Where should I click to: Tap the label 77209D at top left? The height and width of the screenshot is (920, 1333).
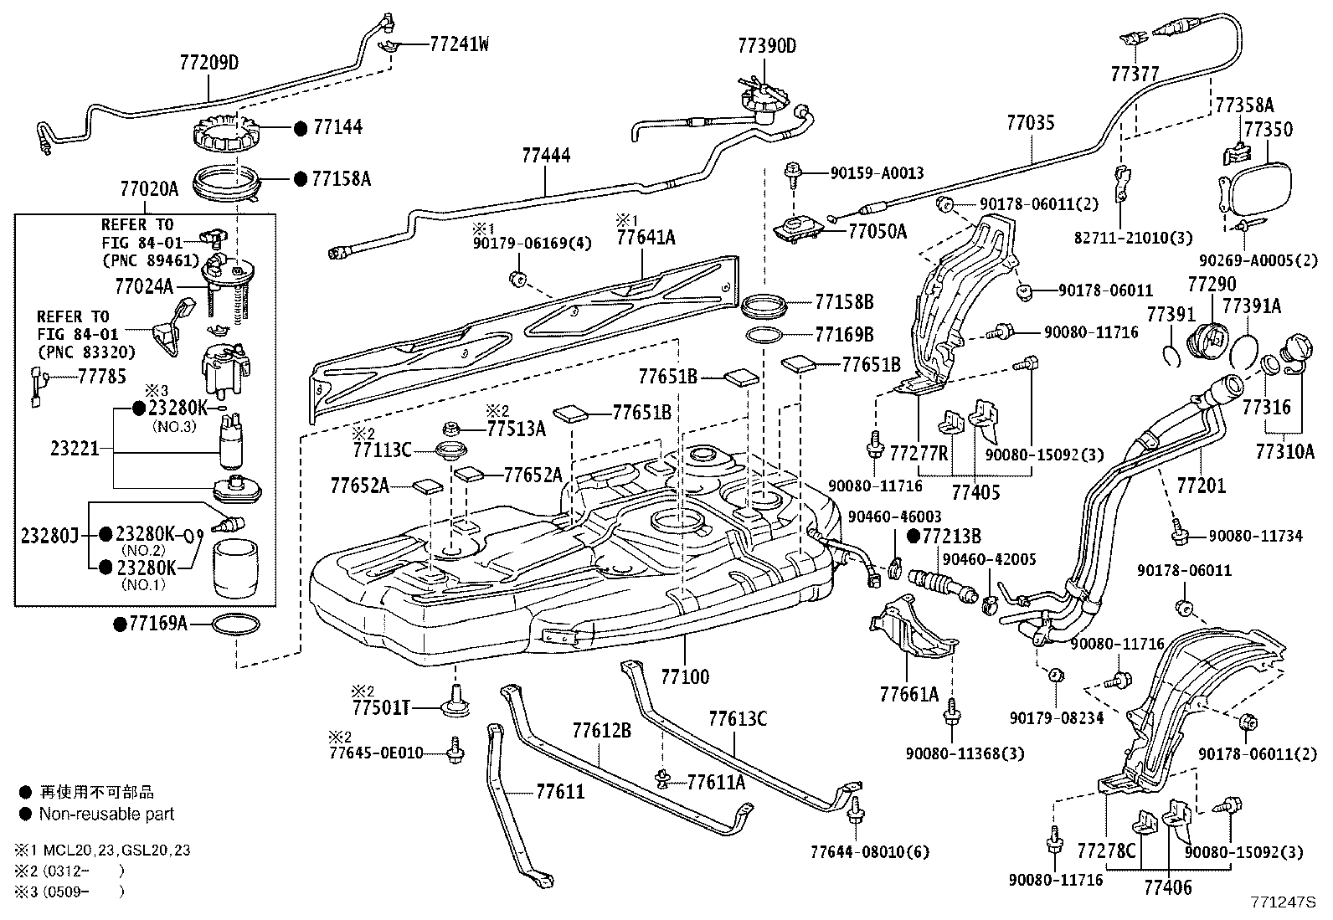[x=208, y=63]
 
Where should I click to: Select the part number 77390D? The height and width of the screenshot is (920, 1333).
[x=766, y=46]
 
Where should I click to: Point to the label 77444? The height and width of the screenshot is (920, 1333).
[x=546, y=156]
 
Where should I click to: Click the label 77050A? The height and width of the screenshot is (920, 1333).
[x=876, y=232]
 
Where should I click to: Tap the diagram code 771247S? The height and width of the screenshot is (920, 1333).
[x=1284, y=903]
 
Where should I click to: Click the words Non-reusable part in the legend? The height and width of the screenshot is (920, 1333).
[x=106, y=814]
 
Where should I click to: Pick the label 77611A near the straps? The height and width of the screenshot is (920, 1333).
[x=716, y=782]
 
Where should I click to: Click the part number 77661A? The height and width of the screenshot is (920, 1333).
[x=908, y=693]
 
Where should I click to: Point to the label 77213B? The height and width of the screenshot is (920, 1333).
[x=951, y=536]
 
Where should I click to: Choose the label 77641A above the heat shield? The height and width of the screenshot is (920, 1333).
[x=645, y=238]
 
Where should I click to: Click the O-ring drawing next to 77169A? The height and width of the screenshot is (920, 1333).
[x=237, y=624]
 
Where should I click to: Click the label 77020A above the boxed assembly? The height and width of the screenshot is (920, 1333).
[x=149, y=189]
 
